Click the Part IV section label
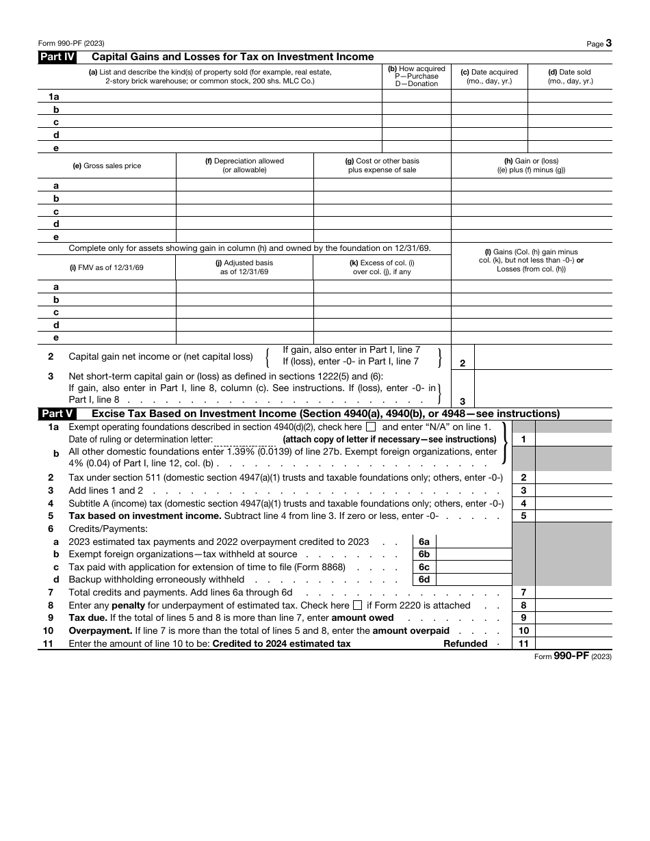56,57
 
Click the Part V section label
56,414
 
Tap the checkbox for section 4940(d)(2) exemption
371,427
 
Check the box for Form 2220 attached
357,605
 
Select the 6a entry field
473,542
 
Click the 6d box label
424,580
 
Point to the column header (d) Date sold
570,76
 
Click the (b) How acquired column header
416,76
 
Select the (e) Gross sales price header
107,166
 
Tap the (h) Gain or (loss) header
531,165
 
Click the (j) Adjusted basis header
244,267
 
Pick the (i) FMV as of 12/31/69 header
107,267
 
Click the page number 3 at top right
608,43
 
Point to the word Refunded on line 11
465,643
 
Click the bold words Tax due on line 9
87,618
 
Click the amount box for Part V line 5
573,516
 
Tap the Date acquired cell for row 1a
489,97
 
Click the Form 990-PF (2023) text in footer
573,656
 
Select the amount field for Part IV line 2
543,358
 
